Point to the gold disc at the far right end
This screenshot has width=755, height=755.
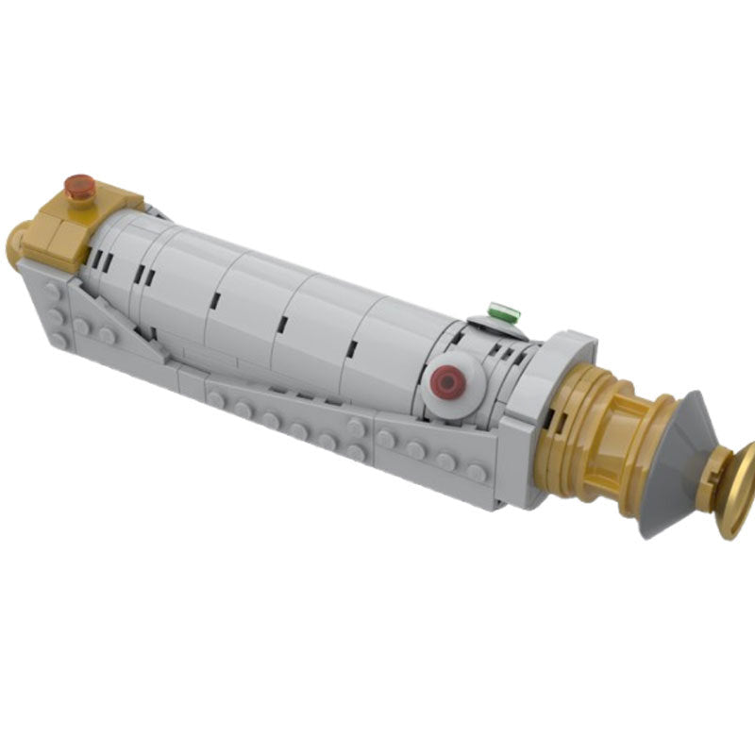tap(733, 491)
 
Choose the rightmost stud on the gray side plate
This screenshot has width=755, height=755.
tap(477, 472)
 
